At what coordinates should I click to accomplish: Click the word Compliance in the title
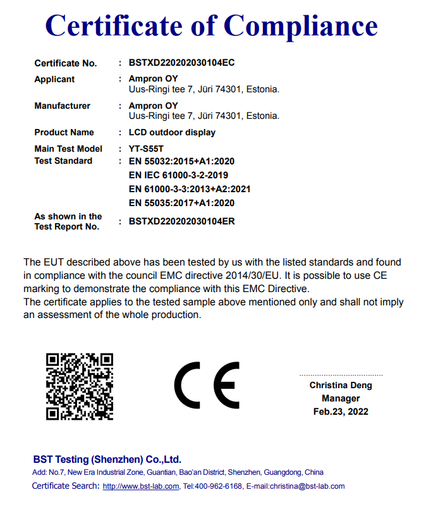(x=301, y=25)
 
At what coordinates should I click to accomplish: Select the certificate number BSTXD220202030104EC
(x=181, y=63)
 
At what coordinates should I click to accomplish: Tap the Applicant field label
(x=54, y=79)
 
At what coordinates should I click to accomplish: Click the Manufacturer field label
(x=62, y=106)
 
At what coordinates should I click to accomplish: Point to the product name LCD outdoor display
(x=172, y=133)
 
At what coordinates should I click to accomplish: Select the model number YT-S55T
(x=147, y=149)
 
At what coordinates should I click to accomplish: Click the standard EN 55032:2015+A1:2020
(x=181, y=161)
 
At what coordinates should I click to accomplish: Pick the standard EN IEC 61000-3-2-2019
(x=178, y=175)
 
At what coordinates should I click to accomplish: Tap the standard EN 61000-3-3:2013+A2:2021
(x=190, y=189)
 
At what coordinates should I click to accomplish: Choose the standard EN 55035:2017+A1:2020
(x=181, y=203)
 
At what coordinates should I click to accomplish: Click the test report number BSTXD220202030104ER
(x=181, y=222)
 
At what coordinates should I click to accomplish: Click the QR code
(x=80, y=386)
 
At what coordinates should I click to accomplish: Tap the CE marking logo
(x=207, y=386)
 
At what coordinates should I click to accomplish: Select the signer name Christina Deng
(x=341, y=385)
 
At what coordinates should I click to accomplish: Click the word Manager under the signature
(x=341, y=398)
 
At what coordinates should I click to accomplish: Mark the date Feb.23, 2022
(x=341, y=412)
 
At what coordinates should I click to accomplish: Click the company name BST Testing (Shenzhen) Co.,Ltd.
(x=107, y=460)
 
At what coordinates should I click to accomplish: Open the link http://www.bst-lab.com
(x=140, y=486)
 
